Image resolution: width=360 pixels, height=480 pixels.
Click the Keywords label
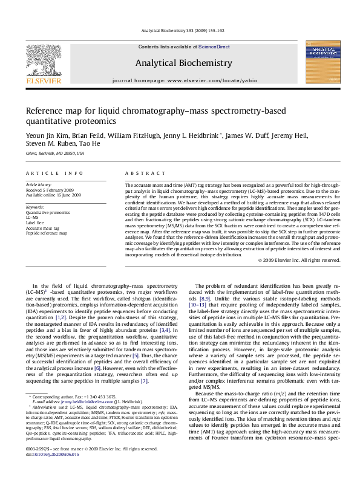coord(34,207)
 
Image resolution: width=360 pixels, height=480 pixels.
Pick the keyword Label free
coord(36,221)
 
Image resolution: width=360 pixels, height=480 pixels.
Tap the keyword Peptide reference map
coord(45,231)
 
